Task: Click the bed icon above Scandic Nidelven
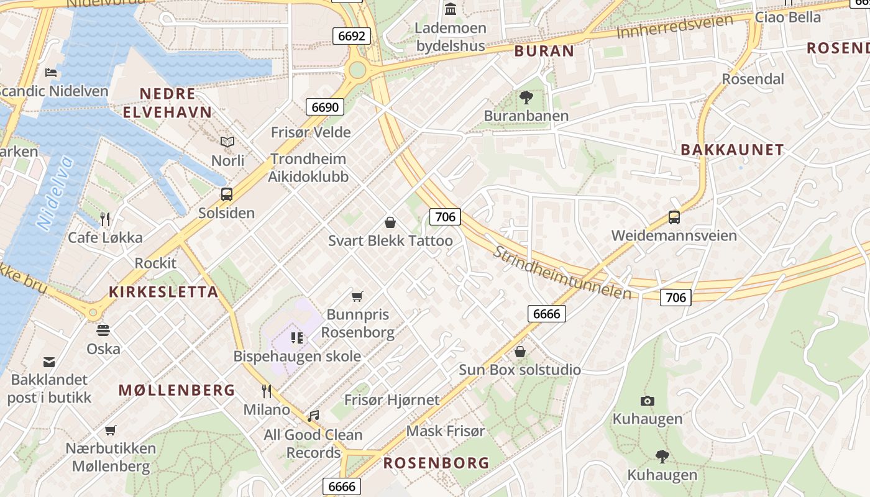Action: [x=52, y=73]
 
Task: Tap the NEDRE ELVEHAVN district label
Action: [x=167, y=103]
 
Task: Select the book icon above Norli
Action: [x=227, y=142]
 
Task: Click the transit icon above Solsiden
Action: [x=227, y=194]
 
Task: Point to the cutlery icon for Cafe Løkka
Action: [x=105, y=219]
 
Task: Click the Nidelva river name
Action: [x=55, y=194]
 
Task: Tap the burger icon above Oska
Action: [x=103, y=330]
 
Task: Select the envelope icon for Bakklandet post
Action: [x=49, y=362]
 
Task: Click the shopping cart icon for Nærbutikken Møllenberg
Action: [x=111, y=430]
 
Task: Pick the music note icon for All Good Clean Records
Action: [x=313, y=416]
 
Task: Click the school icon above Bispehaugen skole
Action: [x=297, y=338]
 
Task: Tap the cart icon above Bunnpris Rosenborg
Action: [x=357, y=296]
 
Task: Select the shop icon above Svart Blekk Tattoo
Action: [x=390, y=222]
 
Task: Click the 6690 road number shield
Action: [x=325, y=107]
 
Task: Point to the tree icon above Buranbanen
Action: [x=526, y=98]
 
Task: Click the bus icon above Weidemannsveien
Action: [x=674, y=217]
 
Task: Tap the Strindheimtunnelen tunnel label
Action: [x=562, y=273]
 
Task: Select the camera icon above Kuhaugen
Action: [x=648, y=401]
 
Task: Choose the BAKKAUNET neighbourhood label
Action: [x=732, y=150]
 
